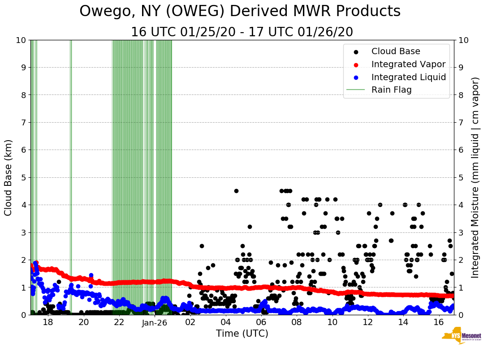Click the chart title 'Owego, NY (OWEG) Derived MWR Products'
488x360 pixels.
click(240, 12)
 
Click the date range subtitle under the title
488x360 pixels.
click(242, 32)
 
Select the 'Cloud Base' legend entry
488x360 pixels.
click(396, 51)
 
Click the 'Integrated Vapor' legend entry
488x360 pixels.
click(408, 64)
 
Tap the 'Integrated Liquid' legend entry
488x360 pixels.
click(408, 77)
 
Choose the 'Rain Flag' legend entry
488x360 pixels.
click(391, 90)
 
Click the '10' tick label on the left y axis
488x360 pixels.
click(21, 40)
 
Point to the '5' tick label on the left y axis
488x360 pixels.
click(23, 177)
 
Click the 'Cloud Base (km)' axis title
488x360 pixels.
click(9, 177)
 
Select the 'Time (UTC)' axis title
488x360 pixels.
click(242, 334)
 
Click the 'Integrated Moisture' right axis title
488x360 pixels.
click(475, 177)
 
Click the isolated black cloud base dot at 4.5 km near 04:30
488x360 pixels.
click(236, 191)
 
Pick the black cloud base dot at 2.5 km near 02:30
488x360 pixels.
click(202, 246)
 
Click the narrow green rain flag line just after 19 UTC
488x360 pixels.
click(70, 177)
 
